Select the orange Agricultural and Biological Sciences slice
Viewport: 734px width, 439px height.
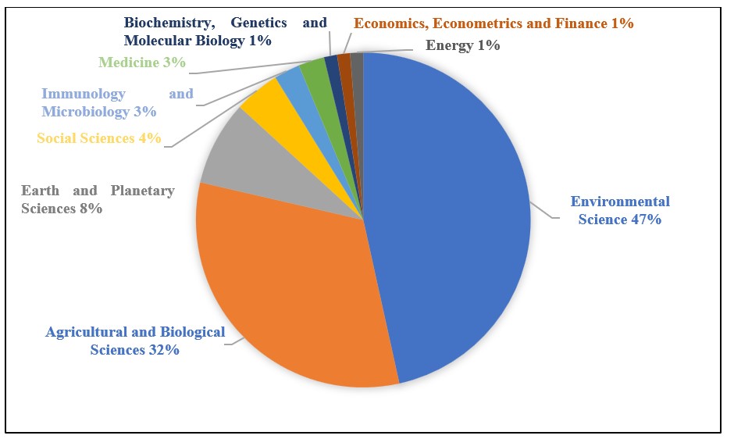click(289, 289)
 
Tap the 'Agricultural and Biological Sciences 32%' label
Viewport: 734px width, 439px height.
click(135, 341)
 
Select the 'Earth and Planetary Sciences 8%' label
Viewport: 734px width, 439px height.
click(98, 199)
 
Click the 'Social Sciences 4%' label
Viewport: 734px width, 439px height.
click(99, 139)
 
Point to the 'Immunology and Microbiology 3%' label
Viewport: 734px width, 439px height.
click(117, 102)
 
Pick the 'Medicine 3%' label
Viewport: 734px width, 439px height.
click(142, 62)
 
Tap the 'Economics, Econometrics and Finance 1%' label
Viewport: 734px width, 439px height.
click(493, 23)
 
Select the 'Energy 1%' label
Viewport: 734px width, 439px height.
click(462, 45)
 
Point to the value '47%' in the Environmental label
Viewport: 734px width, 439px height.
click(646, 220)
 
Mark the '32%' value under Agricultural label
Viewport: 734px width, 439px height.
click(164, 350)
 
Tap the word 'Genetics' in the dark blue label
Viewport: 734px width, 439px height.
click(258, 23)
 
